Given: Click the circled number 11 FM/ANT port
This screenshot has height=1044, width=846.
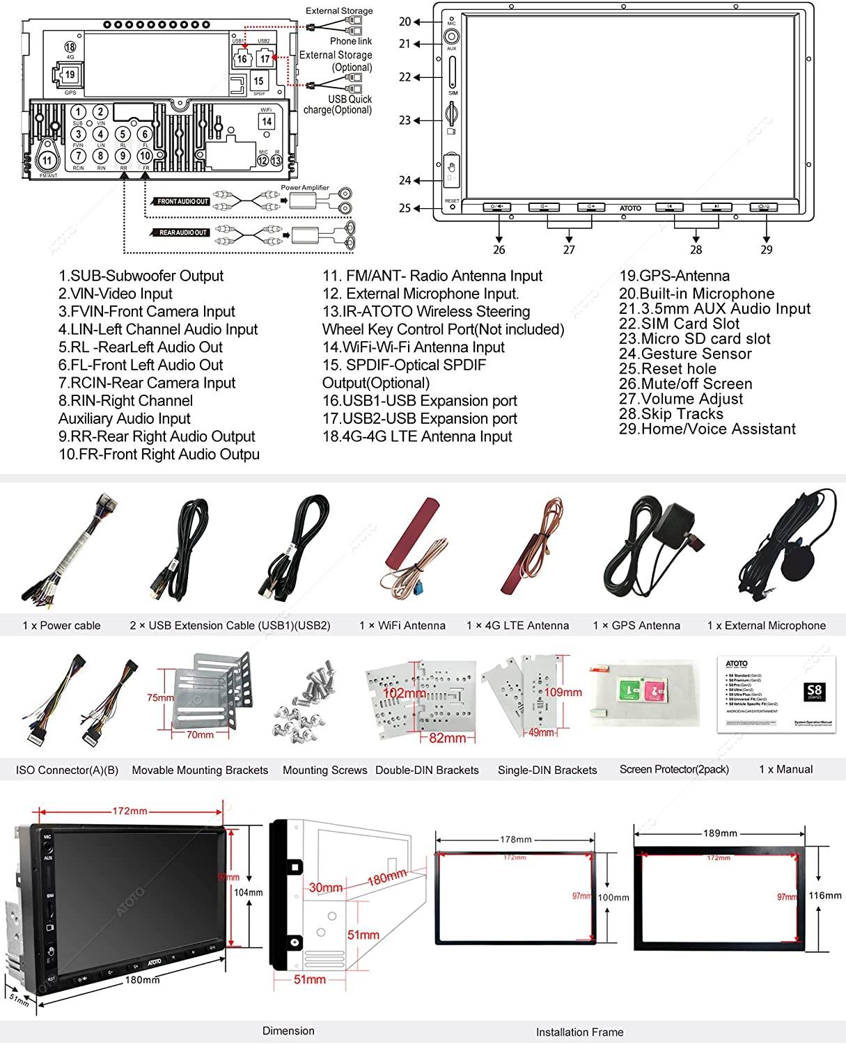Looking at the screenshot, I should tap(47, 161).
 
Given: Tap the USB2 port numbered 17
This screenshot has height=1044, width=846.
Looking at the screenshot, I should tap(265, 59).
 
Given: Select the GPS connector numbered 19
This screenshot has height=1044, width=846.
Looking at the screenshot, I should tap(70, 74).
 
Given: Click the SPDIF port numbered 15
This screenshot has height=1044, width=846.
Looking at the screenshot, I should tap(258, 81).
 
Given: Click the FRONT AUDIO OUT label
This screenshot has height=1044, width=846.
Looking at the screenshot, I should tap(183, 201).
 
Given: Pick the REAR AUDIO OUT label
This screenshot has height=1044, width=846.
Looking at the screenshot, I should tap(183, 232).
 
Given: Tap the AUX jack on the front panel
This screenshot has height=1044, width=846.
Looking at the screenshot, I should tap(452, 38).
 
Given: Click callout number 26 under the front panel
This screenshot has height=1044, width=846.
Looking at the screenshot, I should tap(499, 250).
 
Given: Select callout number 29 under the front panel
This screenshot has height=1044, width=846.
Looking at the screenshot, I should tap(767, 250).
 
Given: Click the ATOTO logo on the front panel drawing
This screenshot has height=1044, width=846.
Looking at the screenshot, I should tap(630, 208).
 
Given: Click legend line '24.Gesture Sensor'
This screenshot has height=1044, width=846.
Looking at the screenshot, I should tap(685, 354).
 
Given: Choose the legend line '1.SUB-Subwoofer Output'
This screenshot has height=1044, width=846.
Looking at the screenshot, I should tap(141, 276).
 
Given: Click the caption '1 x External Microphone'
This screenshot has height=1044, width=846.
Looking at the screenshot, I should tap(766, 626).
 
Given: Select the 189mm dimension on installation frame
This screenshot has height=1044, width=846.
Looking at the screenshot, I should tap(720, 833).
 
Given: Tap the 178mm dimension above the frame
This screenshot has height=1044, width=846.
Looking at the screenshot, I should tap(515, 839).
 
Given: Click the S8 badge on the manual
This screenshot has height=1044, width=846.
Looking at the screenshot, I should tap(813, 692).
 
